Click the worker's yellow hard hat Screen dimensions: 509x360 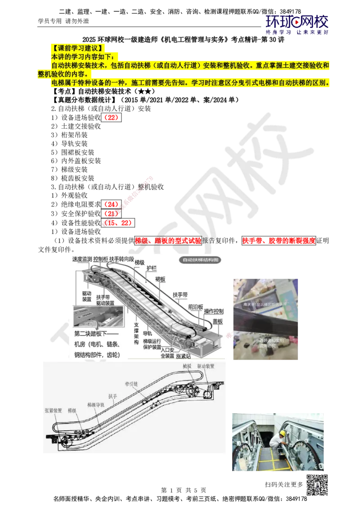click(282, 433)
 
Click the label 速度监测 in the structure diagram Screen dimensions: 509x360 click(82, 259)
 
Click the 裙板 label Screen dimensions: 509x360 click(160, 279)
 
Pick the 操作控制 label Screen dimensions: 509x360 click(214, 312)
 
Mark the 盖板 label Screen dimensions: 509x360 click(218, 322)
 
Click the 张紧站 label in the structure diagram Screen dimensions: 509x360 click(184, 356)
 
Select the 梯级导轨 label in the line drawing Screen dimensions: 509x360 click(96, 405)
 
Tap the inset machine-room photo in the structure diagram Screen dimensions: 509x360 click(99, 317)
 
